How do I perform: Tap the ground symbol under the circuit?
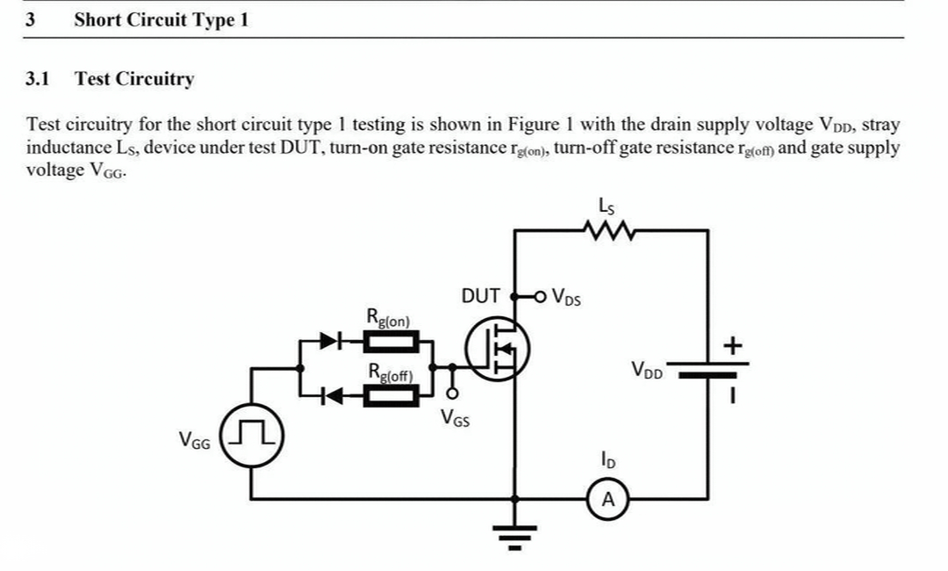click(514, 536)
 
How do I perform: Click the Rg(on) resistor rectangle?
click(391, 342)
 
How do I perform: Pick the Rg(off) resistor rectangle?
click(391, 396)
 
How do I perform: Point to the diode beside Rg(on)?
click(330, 341)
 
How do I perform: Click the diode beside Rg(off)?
click(331, 396)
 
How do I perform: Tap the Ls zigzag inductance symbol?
click(609, 230)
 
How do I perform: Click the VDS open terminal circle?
click(540, 296)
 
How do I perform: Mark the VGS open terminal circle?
click(452, 394)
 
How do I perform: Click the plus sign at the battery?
click(732, 346)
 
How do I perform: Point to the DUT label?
click(480, 296)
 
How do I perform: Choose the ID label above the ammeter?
click(607, 459)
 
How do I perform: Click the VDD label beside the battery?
click(647, 370)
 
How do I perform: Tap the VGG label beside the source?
click(195, 440)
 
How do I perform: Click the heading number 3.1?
click(38, 79)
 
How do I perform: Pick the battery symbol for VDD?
click(708, 370)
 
